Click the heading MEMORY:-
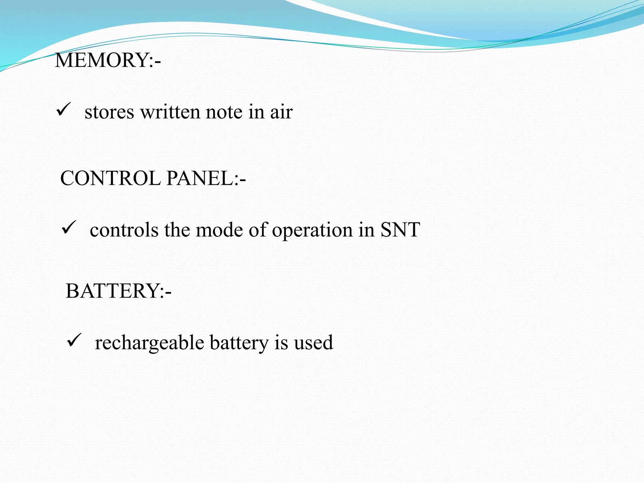click(108, 60)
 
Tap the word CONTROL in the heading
click(110, 178)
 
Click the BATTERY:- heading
click(119, 291)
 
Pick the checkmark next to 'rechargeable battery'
click(75, 340)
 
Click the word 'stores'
click(109, 112)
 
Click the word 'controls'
click(124, 230)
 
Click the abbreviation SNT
click(400, 230)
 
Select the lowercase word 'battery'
click(239, 343)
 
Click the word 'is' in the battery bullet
click(281, 343)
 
